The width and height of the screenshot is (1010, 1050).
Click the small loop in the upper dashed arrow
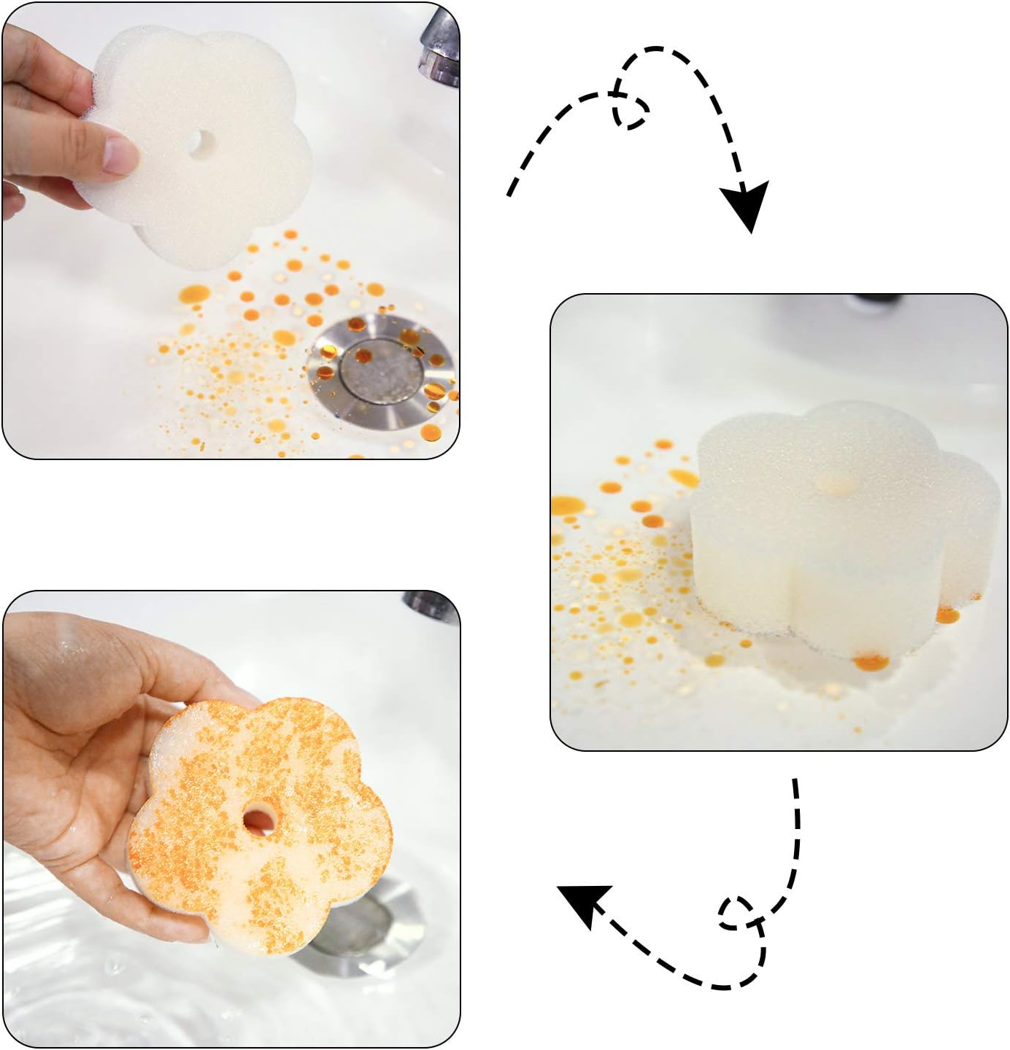pyautogui.click(x=631, y=112)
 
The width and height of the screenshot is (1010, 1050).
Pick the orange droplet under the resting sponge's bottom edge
pyautogui.click(x=871, y=661)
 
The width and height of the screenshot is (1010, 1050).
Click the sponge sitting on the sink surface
pyautogui.click(x=839, y=532)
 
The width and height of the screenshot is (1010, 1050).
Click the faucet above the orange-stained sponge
pyautogui.click(x=431, y=604)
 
